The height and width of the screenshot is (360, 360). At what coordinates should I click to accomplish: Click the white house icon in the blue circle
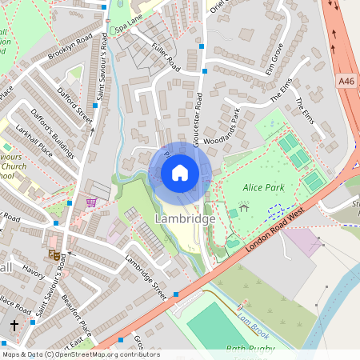180,173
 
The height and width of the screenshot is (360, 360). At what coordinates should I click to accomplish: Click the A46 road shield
346,81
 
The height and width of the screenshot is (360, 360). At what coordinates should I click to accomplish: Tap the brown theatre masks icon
55,255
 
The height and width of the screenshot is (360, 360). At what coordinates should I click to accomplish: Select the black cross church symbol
14,326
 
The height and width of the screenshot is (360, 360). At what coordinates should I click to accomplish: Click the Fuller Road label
166,58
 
